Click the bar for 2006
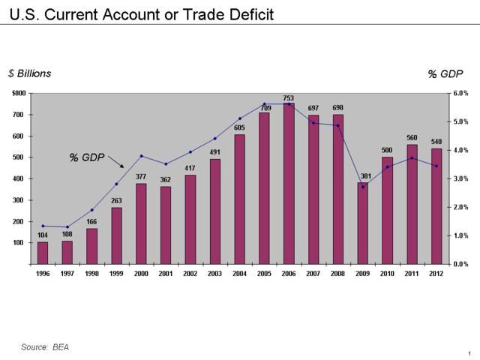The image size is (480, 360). pos(288,184)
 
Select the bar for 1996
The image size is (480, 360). pos(43,253)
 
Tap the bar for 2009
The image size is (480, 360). pos(362,223)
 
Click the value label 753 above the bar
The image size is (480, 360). pos(288,98)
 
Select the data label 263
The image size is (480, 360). pos(116,201)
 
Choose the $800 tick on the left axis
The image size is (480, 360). pos(19,93)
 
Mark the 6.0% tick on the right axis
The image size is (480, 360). pos(461,93)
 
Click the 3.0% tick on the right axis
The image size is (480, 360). pos(461,178)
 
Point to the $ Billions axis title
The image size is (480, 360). pos(30,73)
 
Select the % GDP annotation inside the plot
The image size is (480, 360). pos(86,157)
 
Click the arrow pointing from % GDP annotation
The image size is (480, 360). pos(116,161)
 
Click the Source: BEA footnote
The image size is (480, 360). pos(45,346)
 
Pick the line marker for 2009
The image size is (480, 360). pos(362,187)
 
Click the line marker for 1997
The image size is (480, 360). pos(67,227)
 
